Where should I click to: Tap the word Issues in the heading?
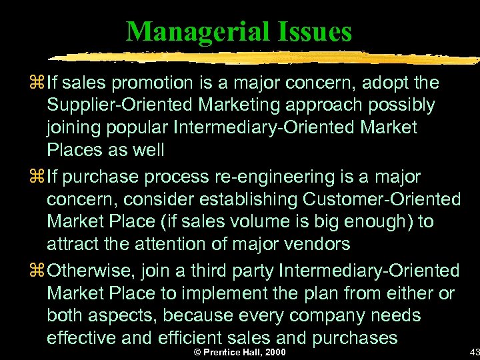(x=313, y=31)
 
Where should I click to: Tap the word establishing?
(x=248, y=199)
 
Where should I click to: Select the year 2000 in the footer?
(x=274, y=351)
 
